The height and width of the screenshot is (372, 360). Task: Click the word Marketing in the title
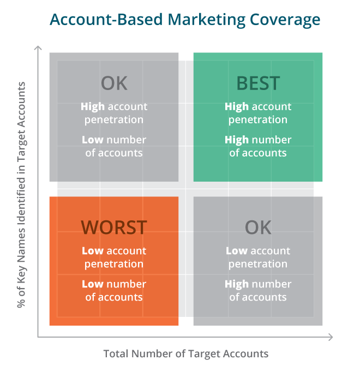[x=207, y=20]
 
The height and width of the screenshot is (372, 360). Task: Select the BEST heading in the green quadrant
[x=258, y=83]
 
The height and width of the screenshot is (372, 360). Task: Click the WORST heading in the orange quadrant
[x=114, y=227]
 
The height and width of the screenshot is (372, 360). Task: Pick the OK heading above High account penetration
[x=114, y=83]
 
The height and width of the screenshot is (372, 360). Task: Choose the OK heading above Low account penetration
[x=258, y=227]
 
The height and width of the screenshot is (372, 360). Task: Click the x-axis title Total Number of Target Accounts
[x=186, y=353]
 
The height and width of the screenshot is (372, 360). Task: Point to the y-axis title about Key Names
[x=21, y=195]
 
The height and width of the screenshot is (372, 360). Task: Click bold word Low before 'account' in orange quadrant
[x=93, y=251]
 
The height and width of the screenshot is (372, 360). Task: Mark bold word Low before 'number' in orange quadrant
[x=93, y=284]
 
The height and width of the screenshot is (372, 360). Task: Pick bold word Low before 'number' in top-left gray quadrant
[x=93, y=140]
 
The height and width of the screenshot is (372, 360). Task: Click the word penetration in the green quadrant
[x=258, y=120]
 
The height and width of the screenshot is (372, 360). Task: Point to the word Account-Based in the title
[x=106, y=20]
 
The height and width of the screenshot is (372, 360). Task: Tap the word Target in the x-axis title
[x=203, y=354]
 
